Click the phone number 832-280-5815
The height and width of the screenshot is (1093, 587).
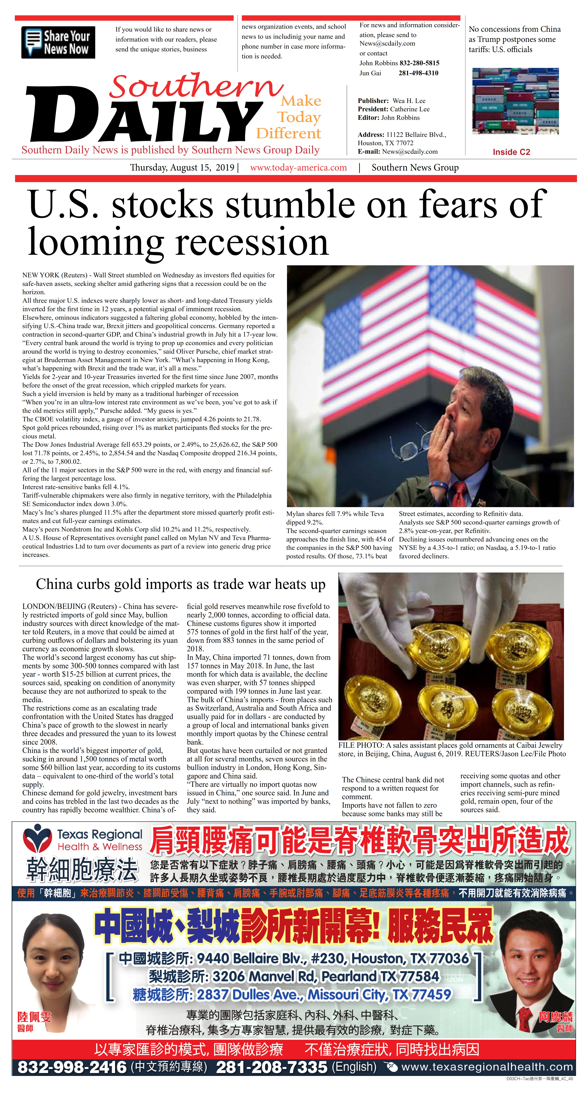419,63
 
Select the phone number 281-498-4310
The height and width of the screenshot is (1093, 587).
418,73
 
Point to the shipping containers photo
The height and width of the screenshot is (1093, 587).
515,101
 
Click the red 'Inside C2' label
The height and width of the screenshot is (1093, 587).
511,152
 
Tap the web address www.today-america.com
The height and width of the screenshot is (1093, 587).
298,168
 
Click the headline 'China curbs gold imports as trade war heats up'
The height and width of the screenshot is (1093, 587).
181,584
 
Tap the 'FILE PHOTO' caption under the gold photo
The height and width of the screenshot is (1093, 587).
452,749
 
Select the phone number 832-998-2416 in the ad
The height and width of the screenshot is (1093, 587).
72,1067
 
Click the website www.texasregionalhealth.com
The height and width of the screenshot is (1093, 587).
487,1067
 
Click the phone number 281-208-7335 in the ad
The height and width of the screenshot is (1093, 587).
271,1067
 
